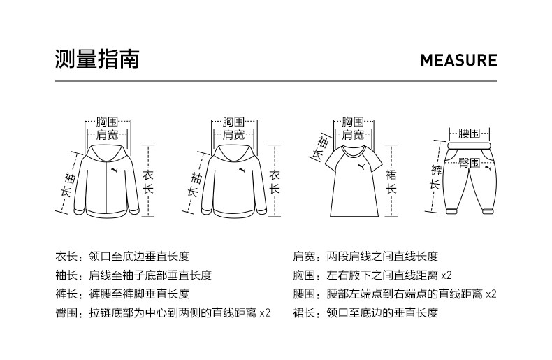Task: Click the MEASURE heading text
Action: (x=458, y=60)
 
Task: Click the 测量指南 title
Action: (x=97, y=59)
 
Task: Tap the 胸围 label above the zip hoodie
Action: (x=108, y=122)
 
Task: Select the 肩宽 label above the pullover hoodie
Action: (x=235, y=134)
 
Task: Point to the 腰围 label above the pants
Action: (x=469, y=133)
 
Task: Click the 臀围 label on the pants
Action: (x=469, y=162)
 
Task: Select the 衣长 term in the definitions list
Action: (x=66, y=257)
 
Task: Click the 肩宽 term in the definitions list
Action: (x=303, y=257)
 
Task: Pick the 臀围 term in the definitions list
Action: (x=66, y=312)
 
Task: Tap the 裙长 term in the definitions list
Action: (x=303, y=312)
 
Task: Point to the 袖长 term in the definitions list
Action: (x=66, y=275)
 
